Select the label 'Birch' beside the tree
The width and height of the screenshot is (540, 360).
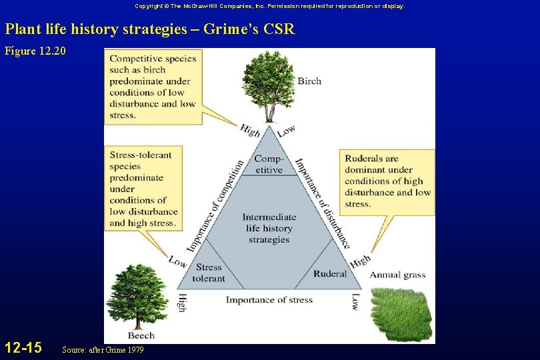309,81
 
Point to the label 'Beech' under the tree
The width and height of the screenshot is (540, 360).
141,335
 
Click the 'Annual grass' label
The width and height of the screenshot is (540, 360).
397,275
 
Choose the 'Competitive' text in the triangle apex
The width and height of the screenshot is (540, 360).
269,164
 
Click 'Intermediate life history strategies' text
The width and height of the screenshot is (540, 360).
269,228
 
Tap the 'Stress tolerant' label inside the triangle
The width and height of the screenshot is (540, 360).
209,273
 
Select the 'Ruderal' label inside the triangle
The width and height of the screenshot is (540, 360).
330,273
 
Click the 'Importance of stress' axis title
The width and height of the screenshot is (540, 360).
269,300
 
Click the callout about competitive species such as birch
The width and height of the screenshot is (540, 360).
153,86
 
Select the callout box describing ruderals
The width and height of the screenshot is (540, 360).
388,181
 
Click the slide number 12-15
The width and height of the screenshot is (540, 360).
23,347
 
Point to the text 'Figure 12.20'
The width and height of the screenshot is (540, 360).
35,51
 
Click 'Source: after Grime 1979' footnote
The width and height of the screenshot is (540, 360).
102,350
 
